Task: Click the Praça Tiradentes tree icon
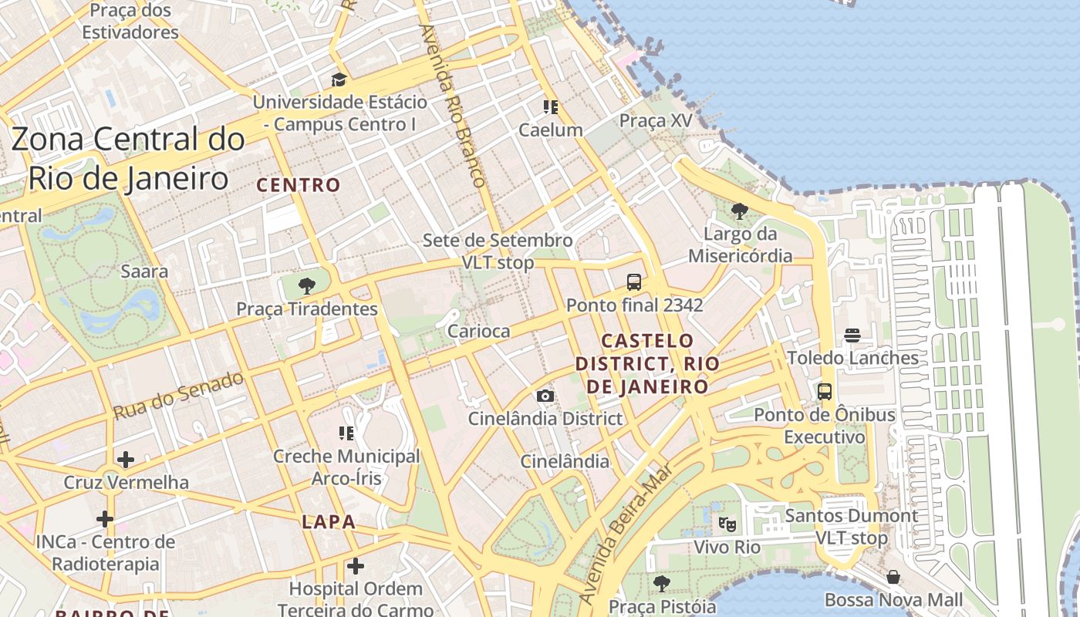tap(307, 286)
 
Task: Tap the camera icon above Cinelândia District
tap(545, 396)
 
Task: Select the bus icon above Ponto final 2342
tap(634, 282)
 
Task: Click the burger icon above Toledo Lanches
tap(852, 335)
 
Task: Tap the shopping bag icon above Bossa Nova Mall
tap(893, 577)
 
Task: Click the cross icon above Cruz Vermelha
tap(125, 460)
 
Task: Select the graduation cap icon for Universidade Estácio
tap(339, 79)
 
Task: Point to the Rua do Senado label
tap(178, 395)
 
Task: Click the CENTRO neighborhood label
tap(299, 185)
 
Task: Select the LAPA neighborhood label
tap(329, 522)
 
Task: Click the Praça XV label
tap(656, 121)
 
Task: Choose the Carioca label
tap(479, 331)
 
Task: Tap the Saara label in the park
tap(144, 271)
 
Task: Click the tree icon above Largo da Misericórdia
tap(739, 211)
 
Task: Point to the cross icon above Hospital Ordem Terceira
tap(355, 567)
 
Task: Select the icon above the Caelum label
tap(550, 107)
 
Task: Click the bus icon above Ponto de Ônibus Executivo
tap(825, 391)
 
